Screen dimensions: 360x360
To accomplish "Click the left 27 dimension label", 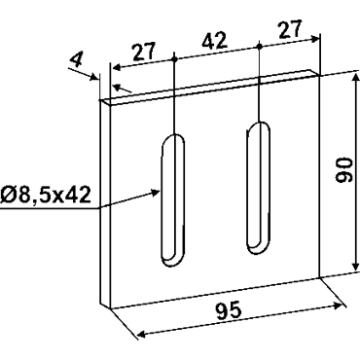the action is pyautogui.click(x=145, y=52).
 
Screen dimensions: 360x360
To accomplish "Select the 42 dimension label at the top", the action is pyautogui.click(x=214, y=41).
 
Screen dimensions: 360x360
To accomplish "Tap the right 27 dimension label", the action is pyautogui.click(x=290, y=29).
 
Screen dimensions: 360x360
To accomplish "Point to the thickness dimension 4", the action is pyautogui.click(x=77, y=60).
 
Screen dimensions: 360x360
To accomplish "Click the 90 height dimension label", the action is pyautogui.click(x=344, y=170).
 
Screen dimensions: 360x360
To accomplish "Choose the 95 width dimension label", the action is pyautogui.click(x=229, y=310).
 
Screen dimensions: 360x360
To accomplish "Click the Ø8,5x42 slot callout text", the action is pyautogui.click(x=46, y=196).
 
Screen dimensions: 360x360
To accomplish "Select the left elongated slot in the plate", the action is pyautogui.click(x=173, y=200).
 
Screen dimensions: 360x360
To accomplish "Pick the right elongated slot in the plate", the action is pyautogui.click(x=258, y=189).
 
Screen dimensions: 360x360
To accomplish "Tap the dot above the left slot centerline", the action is pyautogui.click(x=174, y=59).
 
